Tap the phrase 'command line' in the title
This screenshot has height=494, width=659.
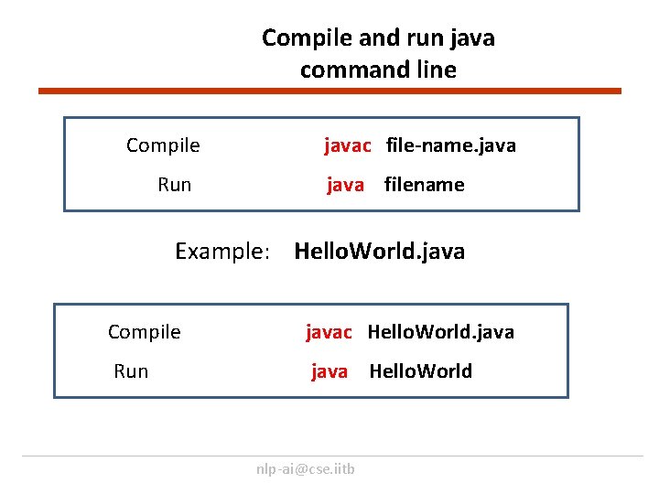click(377, 70)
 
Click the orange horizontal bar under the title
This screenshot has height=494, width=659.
click(329, 91)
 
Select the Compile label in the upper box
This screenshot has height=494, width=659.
click(163, 145)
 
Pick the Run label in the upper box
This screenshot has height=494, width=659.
click(174, 185)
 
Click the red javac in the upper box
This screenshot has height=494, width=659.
click(348, 145)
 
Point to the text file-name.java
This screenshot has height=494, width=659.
click(450, 145)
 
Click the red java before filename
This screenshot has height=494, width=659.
click(346, 185)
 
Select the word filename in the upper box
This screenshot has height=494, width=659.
click(424, 185)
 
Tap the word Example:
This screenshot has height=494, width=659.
click(222, 252)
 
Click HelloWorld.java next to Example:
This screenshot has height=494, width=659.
click(379, 252)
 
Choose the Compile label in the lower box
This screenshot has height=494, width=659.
click(144, 332)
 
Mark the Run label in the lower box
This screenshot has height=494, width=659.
click(131, 371)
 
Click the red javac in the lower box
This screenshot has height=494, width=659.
click(329, 332)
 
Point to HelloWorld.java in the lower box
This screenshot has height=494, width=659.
click(440, 332)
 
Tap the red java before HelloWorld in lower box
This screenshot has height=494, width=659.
click(329, 371)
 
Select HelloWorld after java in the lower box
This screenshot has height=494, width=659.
click(420, 371)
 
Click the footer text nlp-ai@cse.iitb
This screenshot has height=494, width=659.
click(306, 469)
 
